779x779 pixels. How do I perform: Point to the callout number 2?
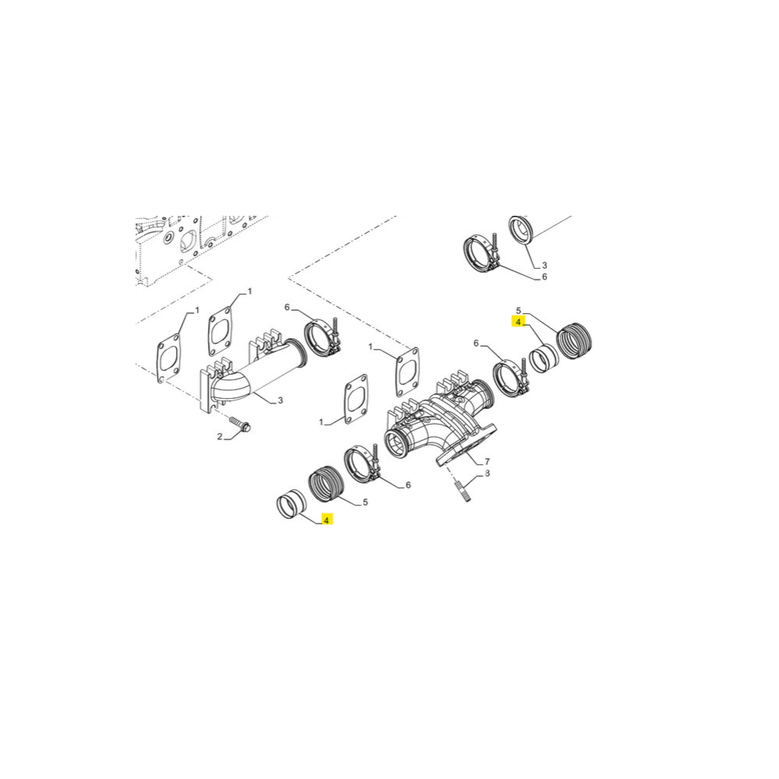tap(220, 437)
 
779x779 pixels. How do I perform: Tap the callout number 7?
tap(487, 462)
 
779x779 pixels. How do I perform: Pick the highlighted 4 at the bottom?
tap(327, 519)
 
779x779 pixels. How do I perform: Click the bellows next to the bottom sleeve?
tap(326, 484)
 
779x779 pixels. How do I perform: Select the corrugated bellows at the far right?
tap(576, 341)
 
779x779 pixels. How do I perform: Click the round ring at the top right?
tap(522, 231)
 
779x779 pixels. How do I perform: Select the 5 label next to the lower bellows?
tap(365, 502)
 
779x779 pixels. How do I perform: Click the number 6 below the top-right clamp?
tap(545, 277)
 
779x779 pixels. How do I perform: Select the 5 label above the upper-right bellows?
tap(518, 310)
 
